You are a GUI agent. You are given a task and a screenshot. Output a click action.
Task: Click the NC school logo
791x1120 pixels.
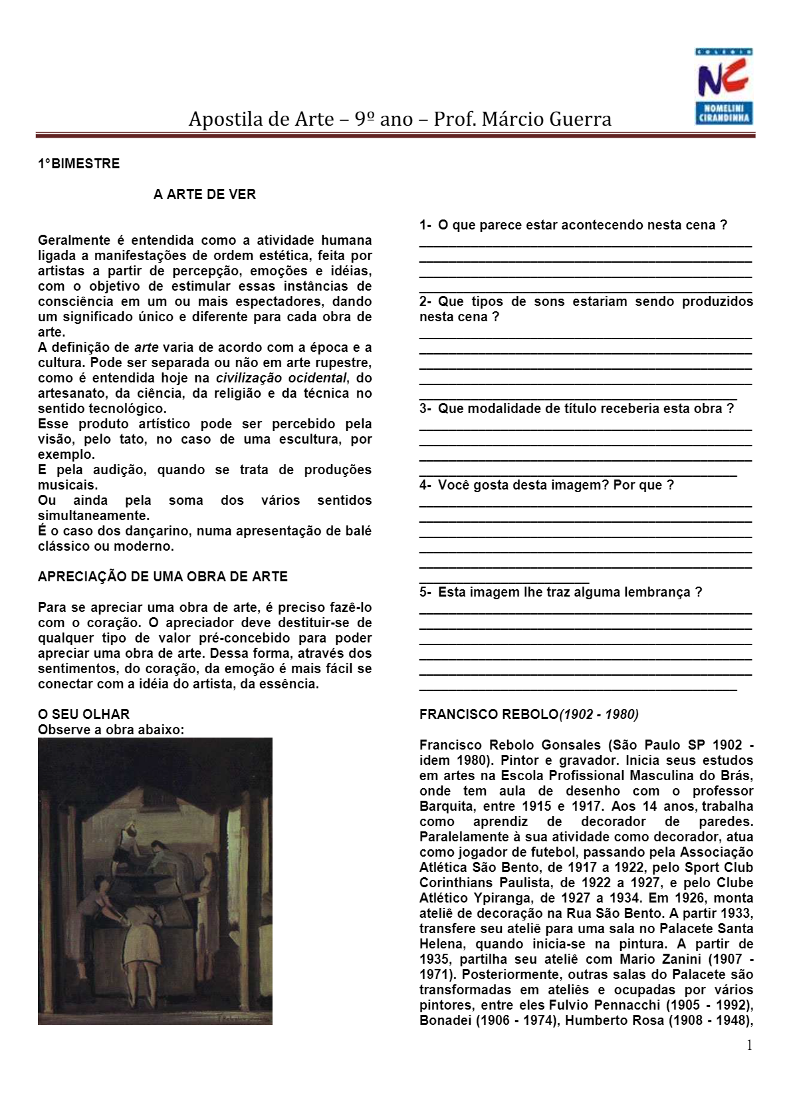(x=724, y=86)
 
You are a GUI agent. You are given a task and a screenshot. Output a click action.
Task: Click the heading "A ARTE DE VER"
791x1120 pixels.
(x=204, y=194)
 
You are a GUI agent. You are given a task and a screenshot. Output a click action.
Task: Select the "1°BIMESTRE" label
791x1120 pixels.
(x=78, y=164)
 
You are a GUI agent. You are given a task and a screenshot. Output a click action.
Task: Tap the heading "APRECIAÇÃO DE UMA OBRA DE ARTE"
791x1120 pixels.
(x=162, y=577)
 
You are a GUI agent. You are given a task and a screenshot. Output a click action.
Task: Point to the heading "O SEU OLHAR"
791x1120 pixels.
(x=84, y=714)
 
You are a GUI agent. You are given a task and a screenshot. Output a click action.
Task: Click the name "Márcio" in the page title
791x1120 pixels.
(x=507, y=119)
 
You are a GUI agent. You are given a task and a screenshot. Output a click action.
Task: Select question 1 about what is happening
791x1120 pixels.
(x=573, y=225)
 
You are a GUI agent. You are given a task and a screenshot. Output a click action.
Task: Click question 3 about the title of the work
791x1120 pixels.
(x=576, y=408)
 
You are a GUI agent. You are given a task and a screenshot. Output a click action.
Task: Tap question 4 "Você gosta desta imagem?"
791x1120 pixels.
(x=546, y=485)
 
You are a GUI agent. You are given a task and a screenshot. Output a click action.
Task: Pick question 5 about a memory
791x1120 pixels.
(x=560, y=592)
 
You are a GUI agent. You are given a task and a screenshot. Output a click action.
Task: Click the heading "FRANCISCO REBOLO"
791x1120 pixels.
(x=489, y=714)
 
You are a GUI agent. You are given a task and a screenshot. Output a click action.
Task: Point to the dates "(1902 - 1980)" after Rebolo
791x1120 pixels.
(x=599, y=714)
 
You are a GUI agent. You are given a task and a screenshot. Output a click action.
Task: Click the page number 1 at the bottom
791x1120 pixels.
(x=750, y=1046)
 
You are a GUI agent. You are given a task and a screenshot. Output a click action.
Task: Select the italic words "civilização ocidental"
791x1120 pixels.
(x=281, y=378)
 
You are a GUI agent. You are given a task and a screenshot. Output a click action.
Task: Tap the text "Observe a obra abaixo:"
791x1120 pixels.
(x=111, y=730)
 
